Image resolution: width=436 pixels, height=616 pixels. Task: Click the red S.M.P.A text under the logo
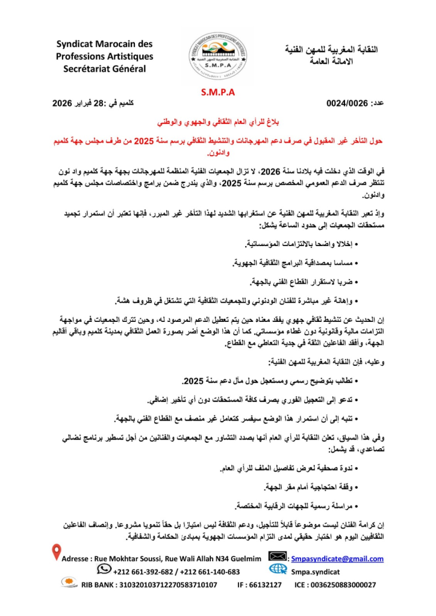coord(218,93)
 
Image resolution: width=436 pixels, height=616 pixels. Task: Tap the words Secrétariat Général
coord(105,69)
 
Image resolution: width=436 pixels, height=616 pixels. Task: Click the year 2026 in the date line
coord(63,103)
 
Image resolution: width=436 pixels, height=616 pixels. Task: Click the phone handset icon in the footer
coord(104,568)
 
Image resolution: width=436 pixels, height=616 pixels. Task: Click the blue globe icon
coord(278,570)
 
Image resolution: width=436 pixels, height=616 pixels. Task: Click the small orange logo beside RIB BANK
coord(68,582)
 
